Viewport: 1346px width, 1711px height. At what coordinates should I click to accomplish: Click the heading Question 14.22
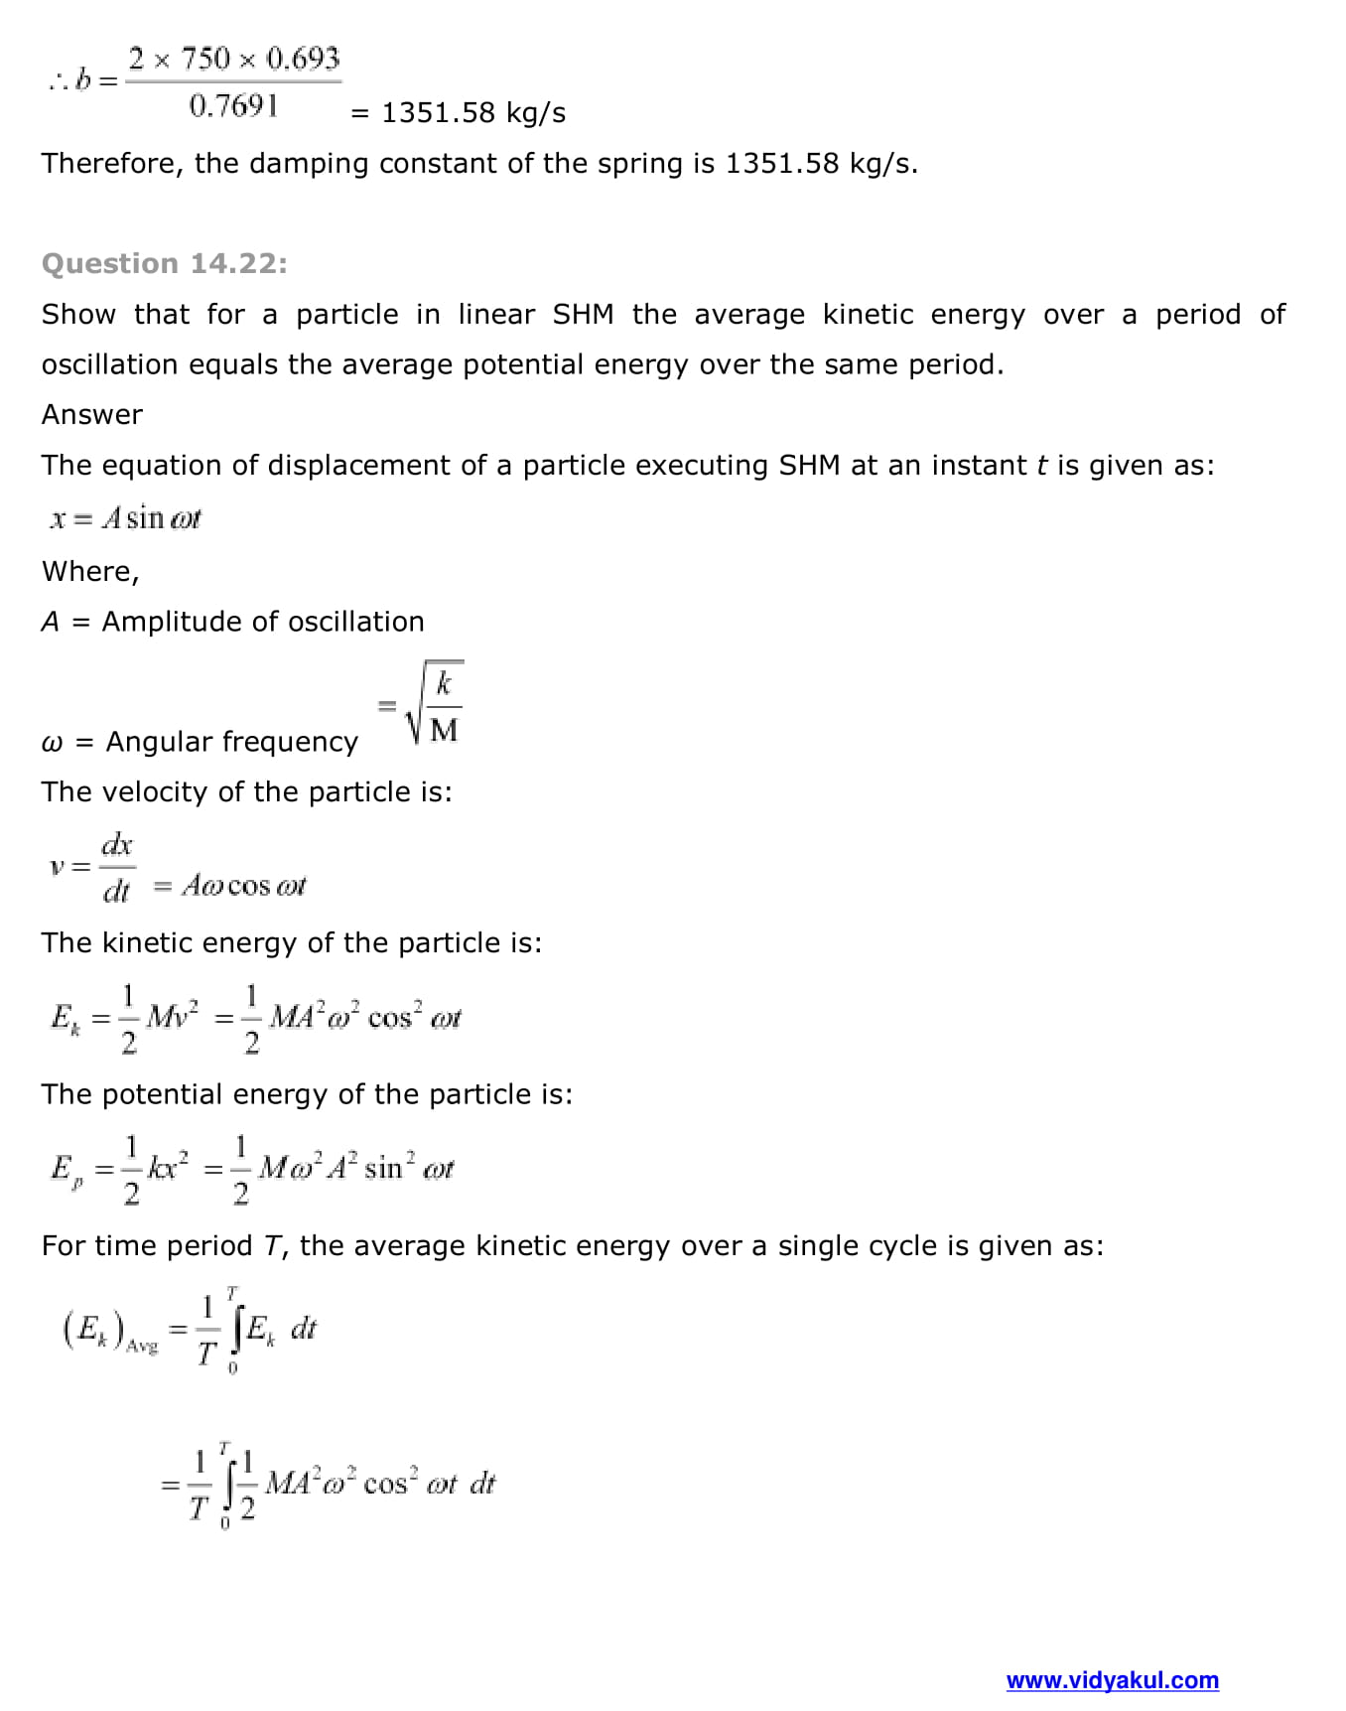point(165,263)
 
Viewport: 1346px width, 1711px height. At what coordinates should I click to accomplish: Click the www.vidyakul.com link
point(1112,1680)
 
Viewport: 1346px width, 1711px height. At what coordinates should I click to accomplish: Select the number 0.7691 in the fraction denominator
point(233,105)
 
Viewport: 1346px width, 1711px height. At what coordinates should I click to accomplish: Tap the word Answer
point(92,414)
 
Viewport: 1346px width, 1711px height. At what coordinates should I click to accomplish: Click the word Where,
point(90,571)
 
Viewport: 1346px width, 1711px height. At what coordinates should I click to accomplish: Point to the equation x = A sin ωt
point(126,517)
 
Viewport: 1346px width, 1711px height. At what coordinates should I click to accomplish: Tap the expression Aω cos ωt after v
point(243,885)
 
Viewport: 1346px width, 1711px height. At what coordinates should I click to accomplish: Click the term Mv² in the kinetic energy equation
point(172,1016)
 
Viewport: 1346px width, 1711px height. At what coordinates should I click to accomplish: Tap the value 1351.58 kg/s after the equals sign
point(473,112)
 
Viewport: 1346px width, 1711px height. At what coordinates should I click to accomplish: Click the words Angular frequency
point(231,742)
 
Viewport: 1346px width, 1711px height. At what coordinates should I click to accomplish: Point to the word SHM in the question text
point(583,314)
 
